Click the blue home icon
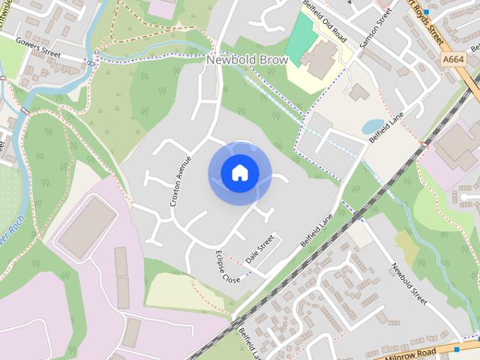pyautogui.click(x=239, y=173)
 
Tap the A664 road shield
pyautogui.click(x=453, y=59)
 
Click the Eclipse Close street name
pyautogui.click(x=228, y=267)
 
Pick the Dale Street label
pyautogui.click(x=260, y=252)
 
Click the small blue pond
pyautogui.click(x=373, y=127)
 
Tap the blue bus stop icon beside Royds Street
pyautogui.click(x=425, y=12)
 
